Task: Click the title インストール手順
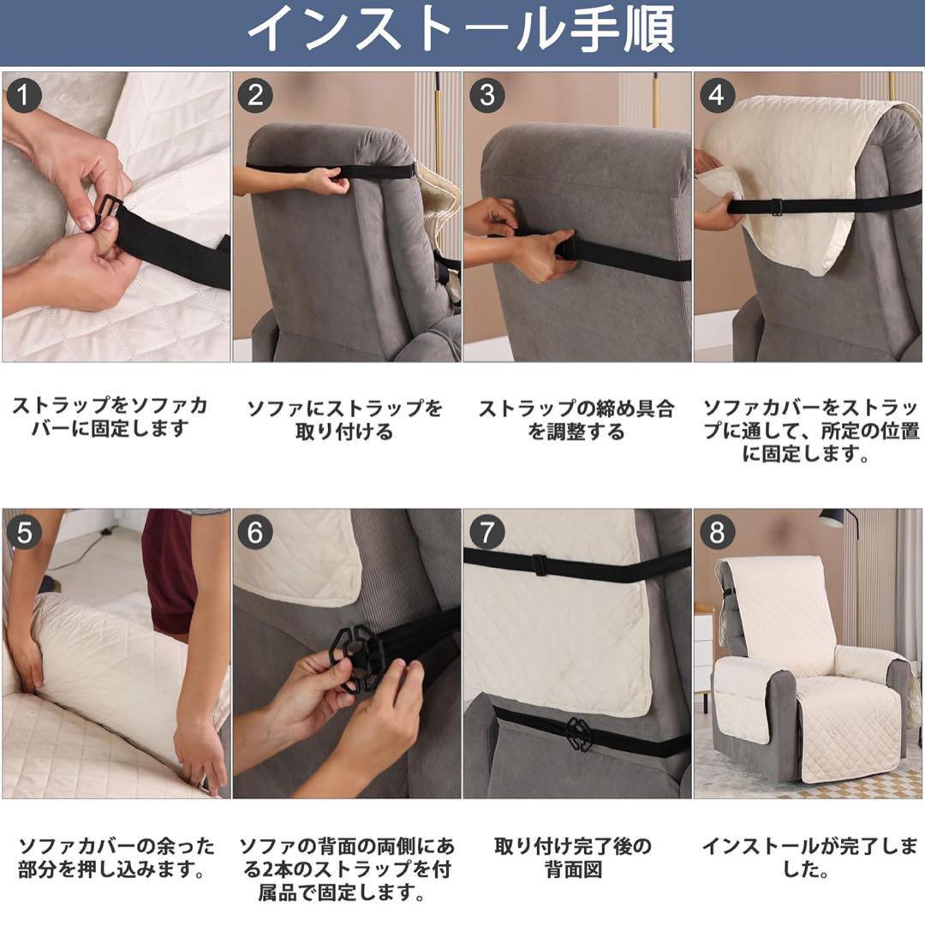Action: (462, 29)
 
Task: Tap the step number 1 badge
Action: (24, 96)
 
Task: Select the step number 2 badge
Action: (255, 96)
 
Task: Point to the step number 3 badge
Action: (486, 96)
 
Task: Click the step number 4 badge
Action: (717, 96)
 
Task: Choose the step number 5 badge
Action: (24, 533)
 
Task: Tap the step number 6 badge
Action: (255, 533)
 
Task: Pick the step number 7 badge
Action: (486, 533)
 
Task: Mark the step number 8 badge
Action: (717, 533)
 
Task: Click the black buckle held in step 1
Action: (109, 212)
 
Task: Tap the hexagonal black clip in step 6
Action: (358, 659)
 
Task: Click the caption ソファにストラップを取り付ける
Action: (344, 420)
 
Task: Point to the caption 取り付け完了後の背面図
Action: (573, 857)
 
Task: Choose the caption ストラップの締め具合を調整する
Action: (576, 420)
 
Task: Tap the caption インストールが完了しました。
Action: (809, 857)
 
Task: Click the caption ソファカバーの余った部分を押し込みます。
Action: (116, 857)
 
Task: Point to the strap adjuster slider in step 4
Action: (777, 206)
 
